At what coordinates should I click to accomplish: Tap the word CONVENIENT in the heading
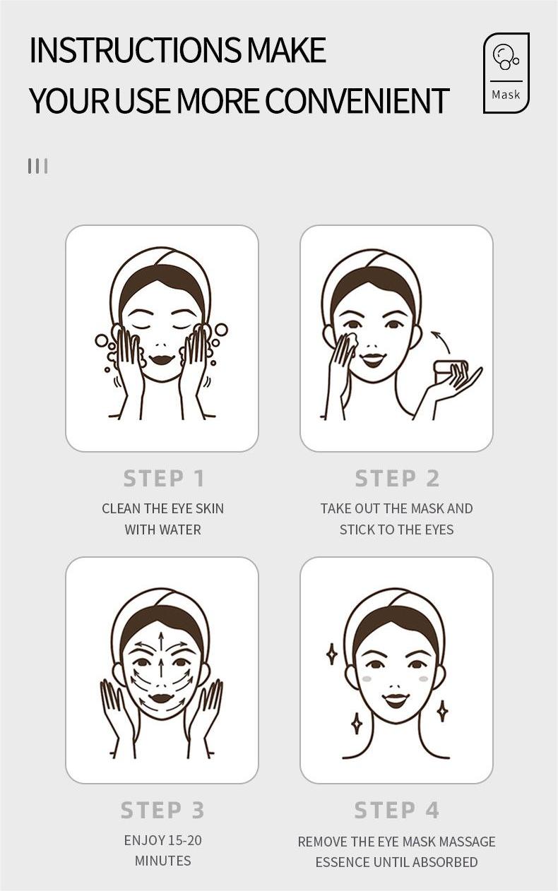[x=357, y=101]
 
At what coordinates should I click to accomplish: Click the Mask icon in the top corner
[x=506, y=73]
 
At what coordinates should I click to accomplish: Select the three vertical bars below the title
[x=37, y=166]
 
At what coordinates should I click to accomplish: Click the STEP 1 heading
[x=164, y=479]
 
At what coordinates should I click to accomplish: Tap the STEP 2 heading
[x=397, y=479]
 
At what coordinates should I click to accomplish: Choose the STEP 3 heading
[x=162, y=810]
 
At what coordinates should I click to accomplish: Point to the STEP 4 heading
[x=397, y=810]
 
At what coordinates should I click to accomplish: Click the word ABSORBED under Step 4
[x=445, y=862]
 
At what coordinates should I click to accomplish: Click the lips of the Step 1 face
[x=162, y=359]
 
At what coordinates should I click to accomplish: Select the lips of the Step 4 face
[x=396, y=700]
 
